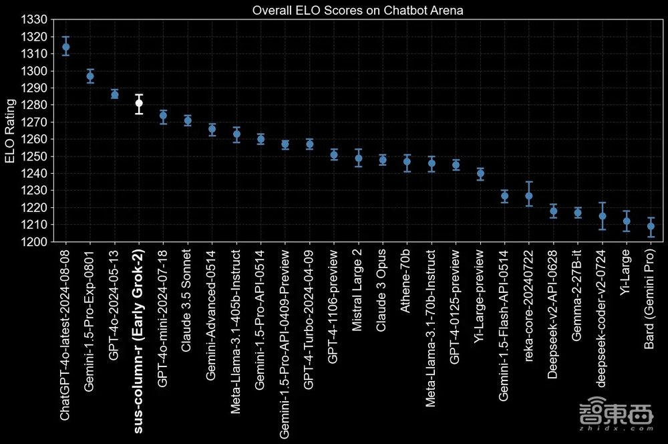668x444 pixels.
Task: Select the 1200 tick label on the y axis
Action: point(34,241)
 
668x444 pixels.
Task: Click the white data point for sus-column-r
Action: point(139,103)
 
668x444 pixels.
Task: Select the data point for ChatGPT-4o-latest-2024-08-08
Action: point(65,47)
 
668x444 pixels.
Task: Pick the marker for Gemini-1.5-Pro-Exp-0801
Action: point(90,76)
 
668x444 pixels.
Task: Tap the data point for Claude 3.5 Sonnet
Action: point(188,120)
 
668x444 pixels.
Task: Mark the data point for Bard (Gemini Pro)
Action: point(651,226)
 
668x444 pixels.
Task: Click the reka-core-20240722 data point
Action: point(529,196)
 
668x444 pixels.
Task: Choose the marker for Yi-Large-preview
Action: point(480,174)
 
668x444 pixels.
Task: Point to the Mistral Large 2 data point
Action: point(359,158)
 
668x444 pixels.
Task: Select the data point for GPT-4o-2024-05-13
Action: point(114,94)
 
